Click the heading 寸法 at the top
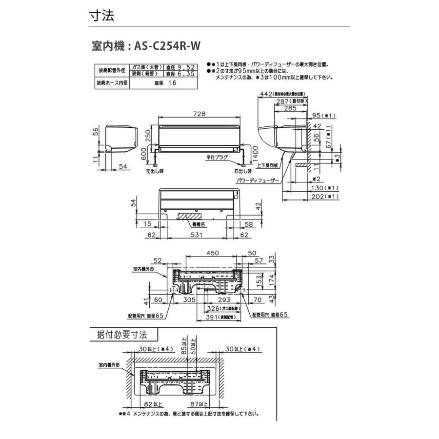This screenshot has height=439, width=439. click(x=101, y=16)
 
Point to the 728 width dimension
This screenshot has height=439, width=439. click(x=199, y=114)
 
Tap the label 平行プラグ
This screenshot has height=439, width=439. click(x=217, y=158)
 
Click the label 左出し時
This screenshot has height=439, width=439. click(x=154, y=172)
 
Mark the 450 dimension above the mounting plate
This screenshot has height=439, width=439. click(x=211, y=254)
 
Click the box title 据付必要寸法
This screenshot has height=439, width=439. click(x=123, y=335)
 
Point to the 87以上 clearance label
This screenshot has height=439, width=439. click(x=199, y=404)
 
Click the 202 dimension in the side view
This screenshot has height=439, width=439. click(x=317, y=196)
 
